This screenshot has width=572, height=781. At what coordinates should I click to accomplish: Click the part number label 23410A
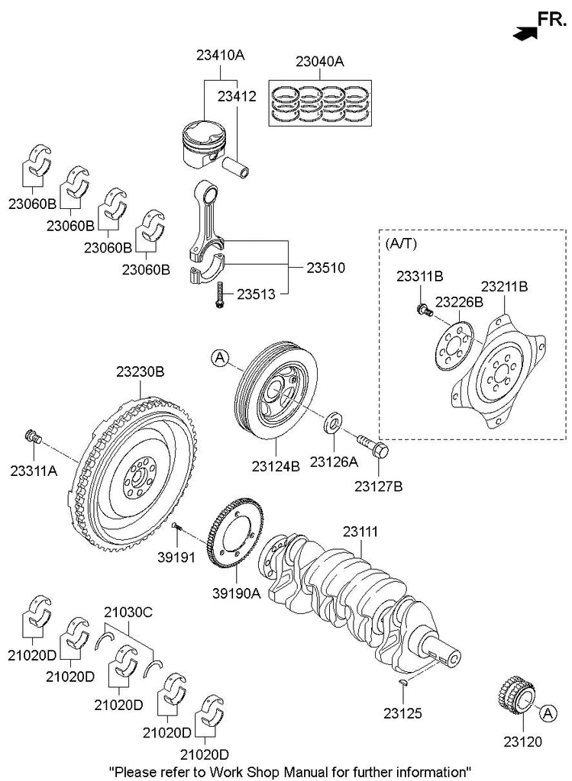[x=220, y=56]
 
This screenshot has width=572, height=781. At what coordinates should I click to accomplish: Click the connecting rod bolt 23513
[x=219, y=295]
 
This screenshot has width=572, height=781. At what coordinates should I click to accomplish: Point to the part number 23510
[x=326, y=268]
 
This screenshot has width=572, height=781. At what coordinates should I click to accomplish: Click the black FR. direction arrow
[x=523, y=33]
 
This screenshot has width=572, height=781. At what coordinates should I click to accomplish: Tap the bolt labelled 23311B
[x=421, y=309]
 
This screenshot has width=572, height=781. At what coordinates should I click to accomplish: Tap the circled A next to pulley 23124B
[x=219, y=357]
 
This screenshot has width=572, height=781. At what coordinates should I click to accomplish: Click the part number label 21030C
[x=128, y=612]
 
